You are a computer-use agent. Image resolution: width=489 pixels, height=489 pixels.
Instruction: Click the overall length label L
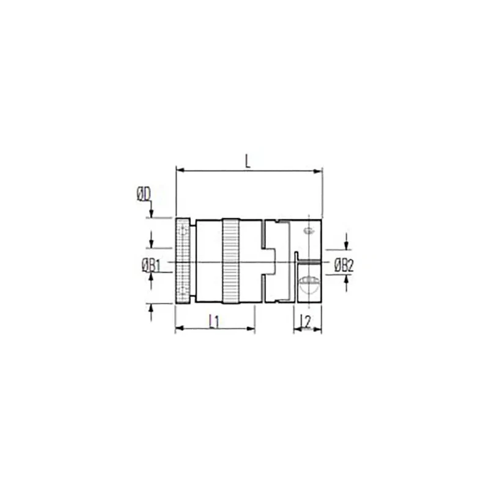(248, 161)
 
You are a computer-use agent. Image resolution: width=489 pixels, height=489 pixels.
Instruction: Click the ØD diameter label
(144, 194)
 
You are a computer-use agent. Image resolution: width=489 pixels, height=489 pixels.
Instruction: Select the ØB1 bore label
(151, 266)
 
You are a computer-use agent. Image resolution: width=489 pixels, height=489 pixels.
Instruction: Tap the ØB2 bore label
(344, 266)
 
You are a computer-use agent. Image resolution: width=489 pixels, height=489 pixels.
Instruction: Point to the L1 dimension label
(215, 322)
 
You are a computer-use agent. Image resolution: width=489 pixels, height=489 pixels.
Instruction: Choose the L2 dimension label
(306, 322)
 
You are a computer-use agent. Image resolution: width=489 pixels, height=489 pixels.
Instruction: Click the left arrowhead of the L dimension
(181, 171)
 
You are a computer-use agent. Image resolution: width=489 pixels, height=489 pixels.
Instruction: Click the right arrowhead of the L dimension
(317, 171)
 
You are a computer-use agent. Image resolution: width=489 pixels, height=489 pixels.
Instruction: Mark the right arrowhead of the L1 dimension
(251, 328)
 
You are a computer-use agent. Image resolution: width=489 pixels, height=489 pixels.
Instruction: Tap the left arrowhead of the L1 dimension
(180, 328)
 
